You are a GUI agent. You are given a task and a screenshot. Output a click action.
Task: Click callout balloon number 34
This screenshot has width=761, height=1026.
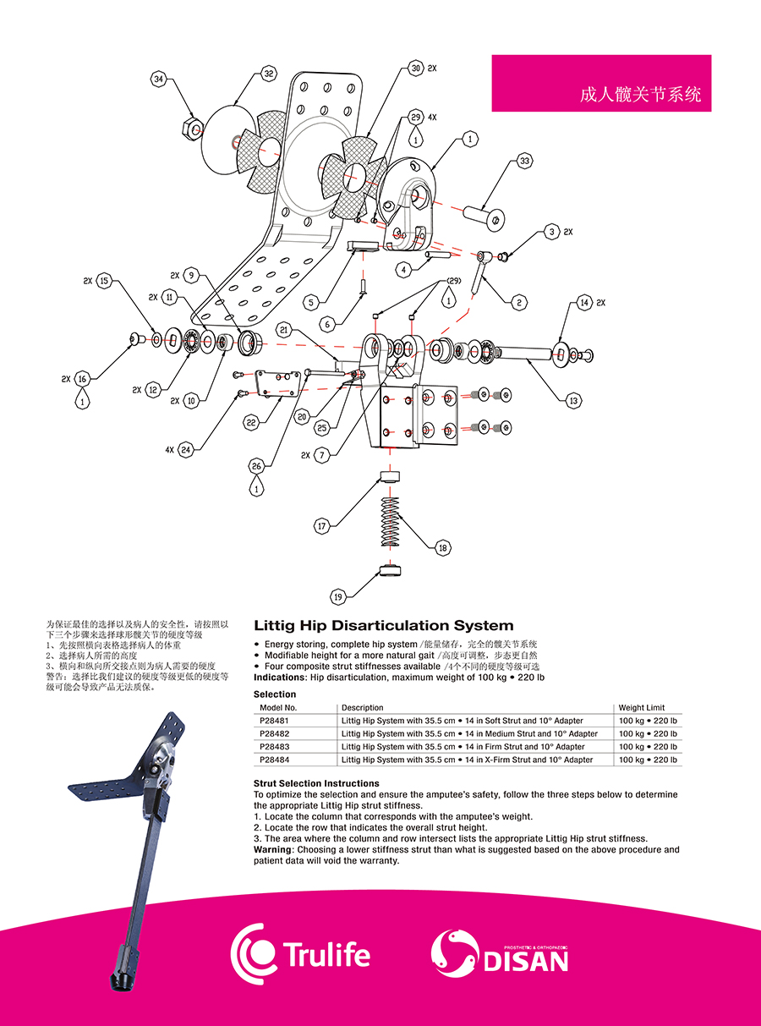point(159,80)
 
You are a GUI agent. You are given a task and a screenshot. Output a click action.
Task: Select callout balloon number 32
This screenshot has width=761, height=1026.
point(270,74)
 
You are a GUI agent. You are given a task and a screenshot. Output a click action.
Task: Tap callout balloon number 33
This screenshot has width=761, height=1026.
point(525,160)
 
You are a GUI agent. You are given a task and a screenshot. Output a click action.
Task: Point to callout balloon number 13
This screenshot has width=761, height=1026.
point(574,401)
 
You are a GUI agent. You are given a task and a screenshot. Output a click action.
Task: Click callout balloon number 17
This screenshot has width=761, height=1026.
point(322,526)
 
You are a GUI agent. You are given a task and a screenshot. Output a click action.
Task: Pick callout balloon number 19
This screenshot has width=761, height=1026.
point(338,597)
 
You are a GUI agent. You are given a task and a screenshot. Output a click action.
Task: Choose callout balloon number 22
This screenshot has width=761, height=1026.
point(251,422)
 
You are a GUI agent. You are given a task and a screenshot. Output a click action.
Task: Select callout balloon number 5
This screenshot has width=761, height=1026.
point(311,300)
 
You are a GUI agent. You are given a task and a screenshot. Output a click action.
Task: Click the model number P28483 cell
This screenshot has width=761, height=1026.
point(275,747)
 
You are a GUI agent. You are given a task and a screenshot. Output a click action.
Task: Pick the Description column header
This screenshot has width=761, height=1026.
point(362,708)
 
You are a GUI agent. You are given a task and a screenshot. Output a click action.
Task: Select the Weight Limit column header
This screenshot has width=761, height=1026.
point(642,708)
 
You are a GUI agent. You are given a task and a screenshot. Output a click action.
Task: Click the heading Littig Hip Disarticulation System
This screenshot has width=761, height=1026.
point(383,626)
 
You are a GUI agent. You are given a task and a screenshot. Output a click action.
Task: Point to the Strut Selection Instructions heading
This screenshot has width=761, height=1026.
point(316,784)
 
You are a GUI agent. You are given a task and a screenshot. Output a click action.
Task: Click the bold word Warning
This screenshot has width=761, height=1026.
point(272,849)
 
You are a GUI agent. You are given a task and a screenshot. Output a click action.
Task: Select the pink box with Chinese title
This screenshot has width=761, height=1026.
point(601,83)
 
